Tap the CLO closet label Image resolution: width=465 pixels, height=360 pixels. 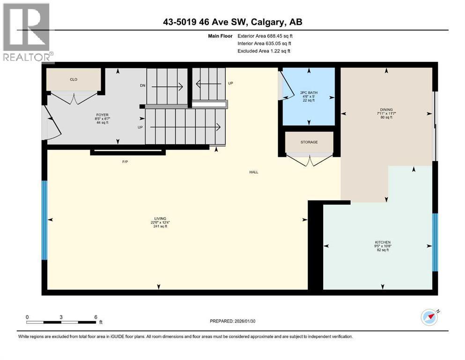click(74, 79)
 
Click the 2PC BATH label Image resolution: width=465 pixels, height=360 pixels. click(309, 93)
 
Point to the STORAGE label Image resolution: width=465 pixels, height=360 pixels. click(309, 142)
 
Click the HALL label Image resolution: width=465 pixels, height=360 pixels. click(253, 172)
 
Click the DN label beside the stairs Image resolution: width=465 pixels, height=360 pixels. click(142, 86)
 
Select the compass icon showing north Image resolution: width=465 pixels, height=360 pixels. click(429, 317)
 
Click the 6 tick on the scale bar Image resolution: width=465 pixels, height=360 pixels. click(96, 317)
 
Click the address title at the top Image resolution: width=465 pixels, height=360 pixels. click(232, 22)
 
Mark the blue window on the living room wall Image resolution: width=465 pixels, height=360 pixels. click(44, 220)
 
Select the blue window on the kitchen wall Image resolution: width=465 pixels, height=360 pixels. click(435, 242)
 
